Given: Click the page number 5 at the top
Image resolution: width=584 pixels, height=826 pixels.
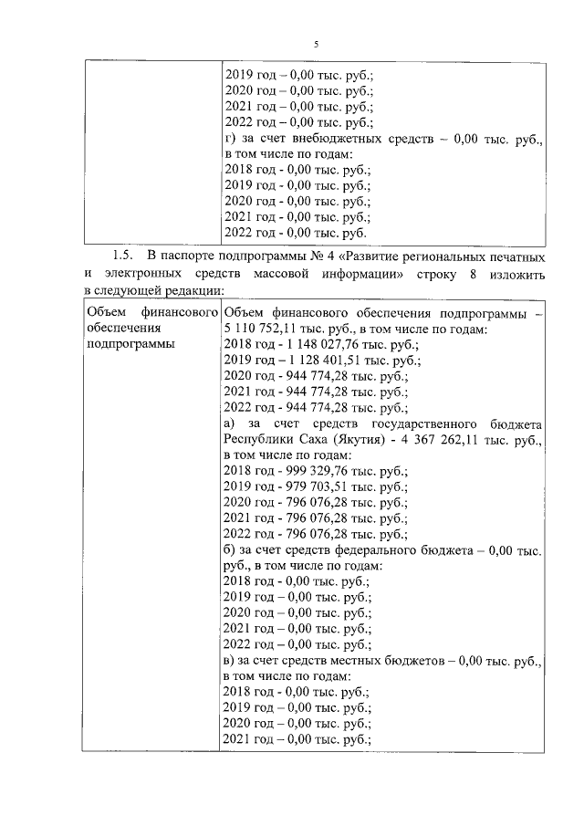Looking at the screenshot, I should (x=316, y=44).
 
